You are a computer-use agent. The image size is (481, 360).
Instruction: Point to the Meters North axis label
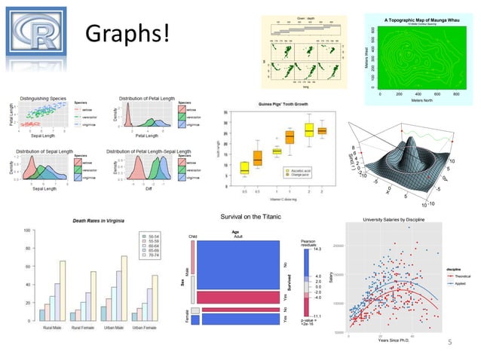pyautogui.click(x=420, y=100)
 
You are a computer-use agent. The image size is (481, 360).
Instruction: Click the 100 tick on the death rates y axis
pyautogui.click(x=26, y=230)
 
